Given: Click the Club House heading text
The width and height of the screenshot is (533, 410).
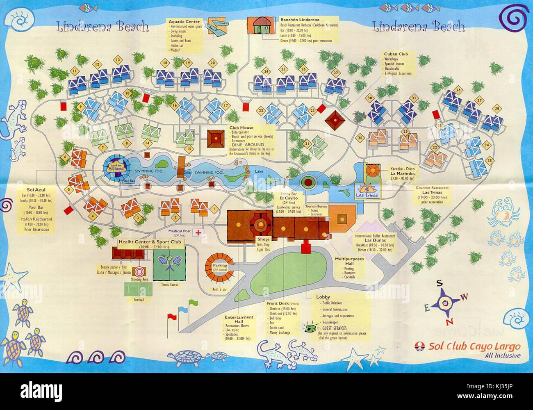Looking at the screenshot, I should coord(241,128).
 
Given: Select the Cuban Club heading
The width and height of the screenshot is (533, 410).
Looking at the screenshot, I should coord(396,54).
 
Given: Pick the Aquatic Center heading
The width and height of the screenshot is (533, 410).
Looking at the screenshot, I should coord(184,22).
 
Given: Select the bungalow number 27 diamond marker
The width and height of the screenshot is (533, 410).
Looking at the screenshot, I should coord(336,73).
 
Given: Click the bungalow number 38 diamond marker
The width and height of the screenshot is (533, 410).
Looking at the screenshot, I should coord(497,109).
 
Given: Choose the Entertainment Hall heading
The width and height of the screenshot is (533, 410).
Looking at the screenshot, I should coord(239,319).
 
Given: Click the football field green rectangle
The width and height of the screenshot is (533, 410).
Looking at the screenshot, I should coord(138,289).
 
